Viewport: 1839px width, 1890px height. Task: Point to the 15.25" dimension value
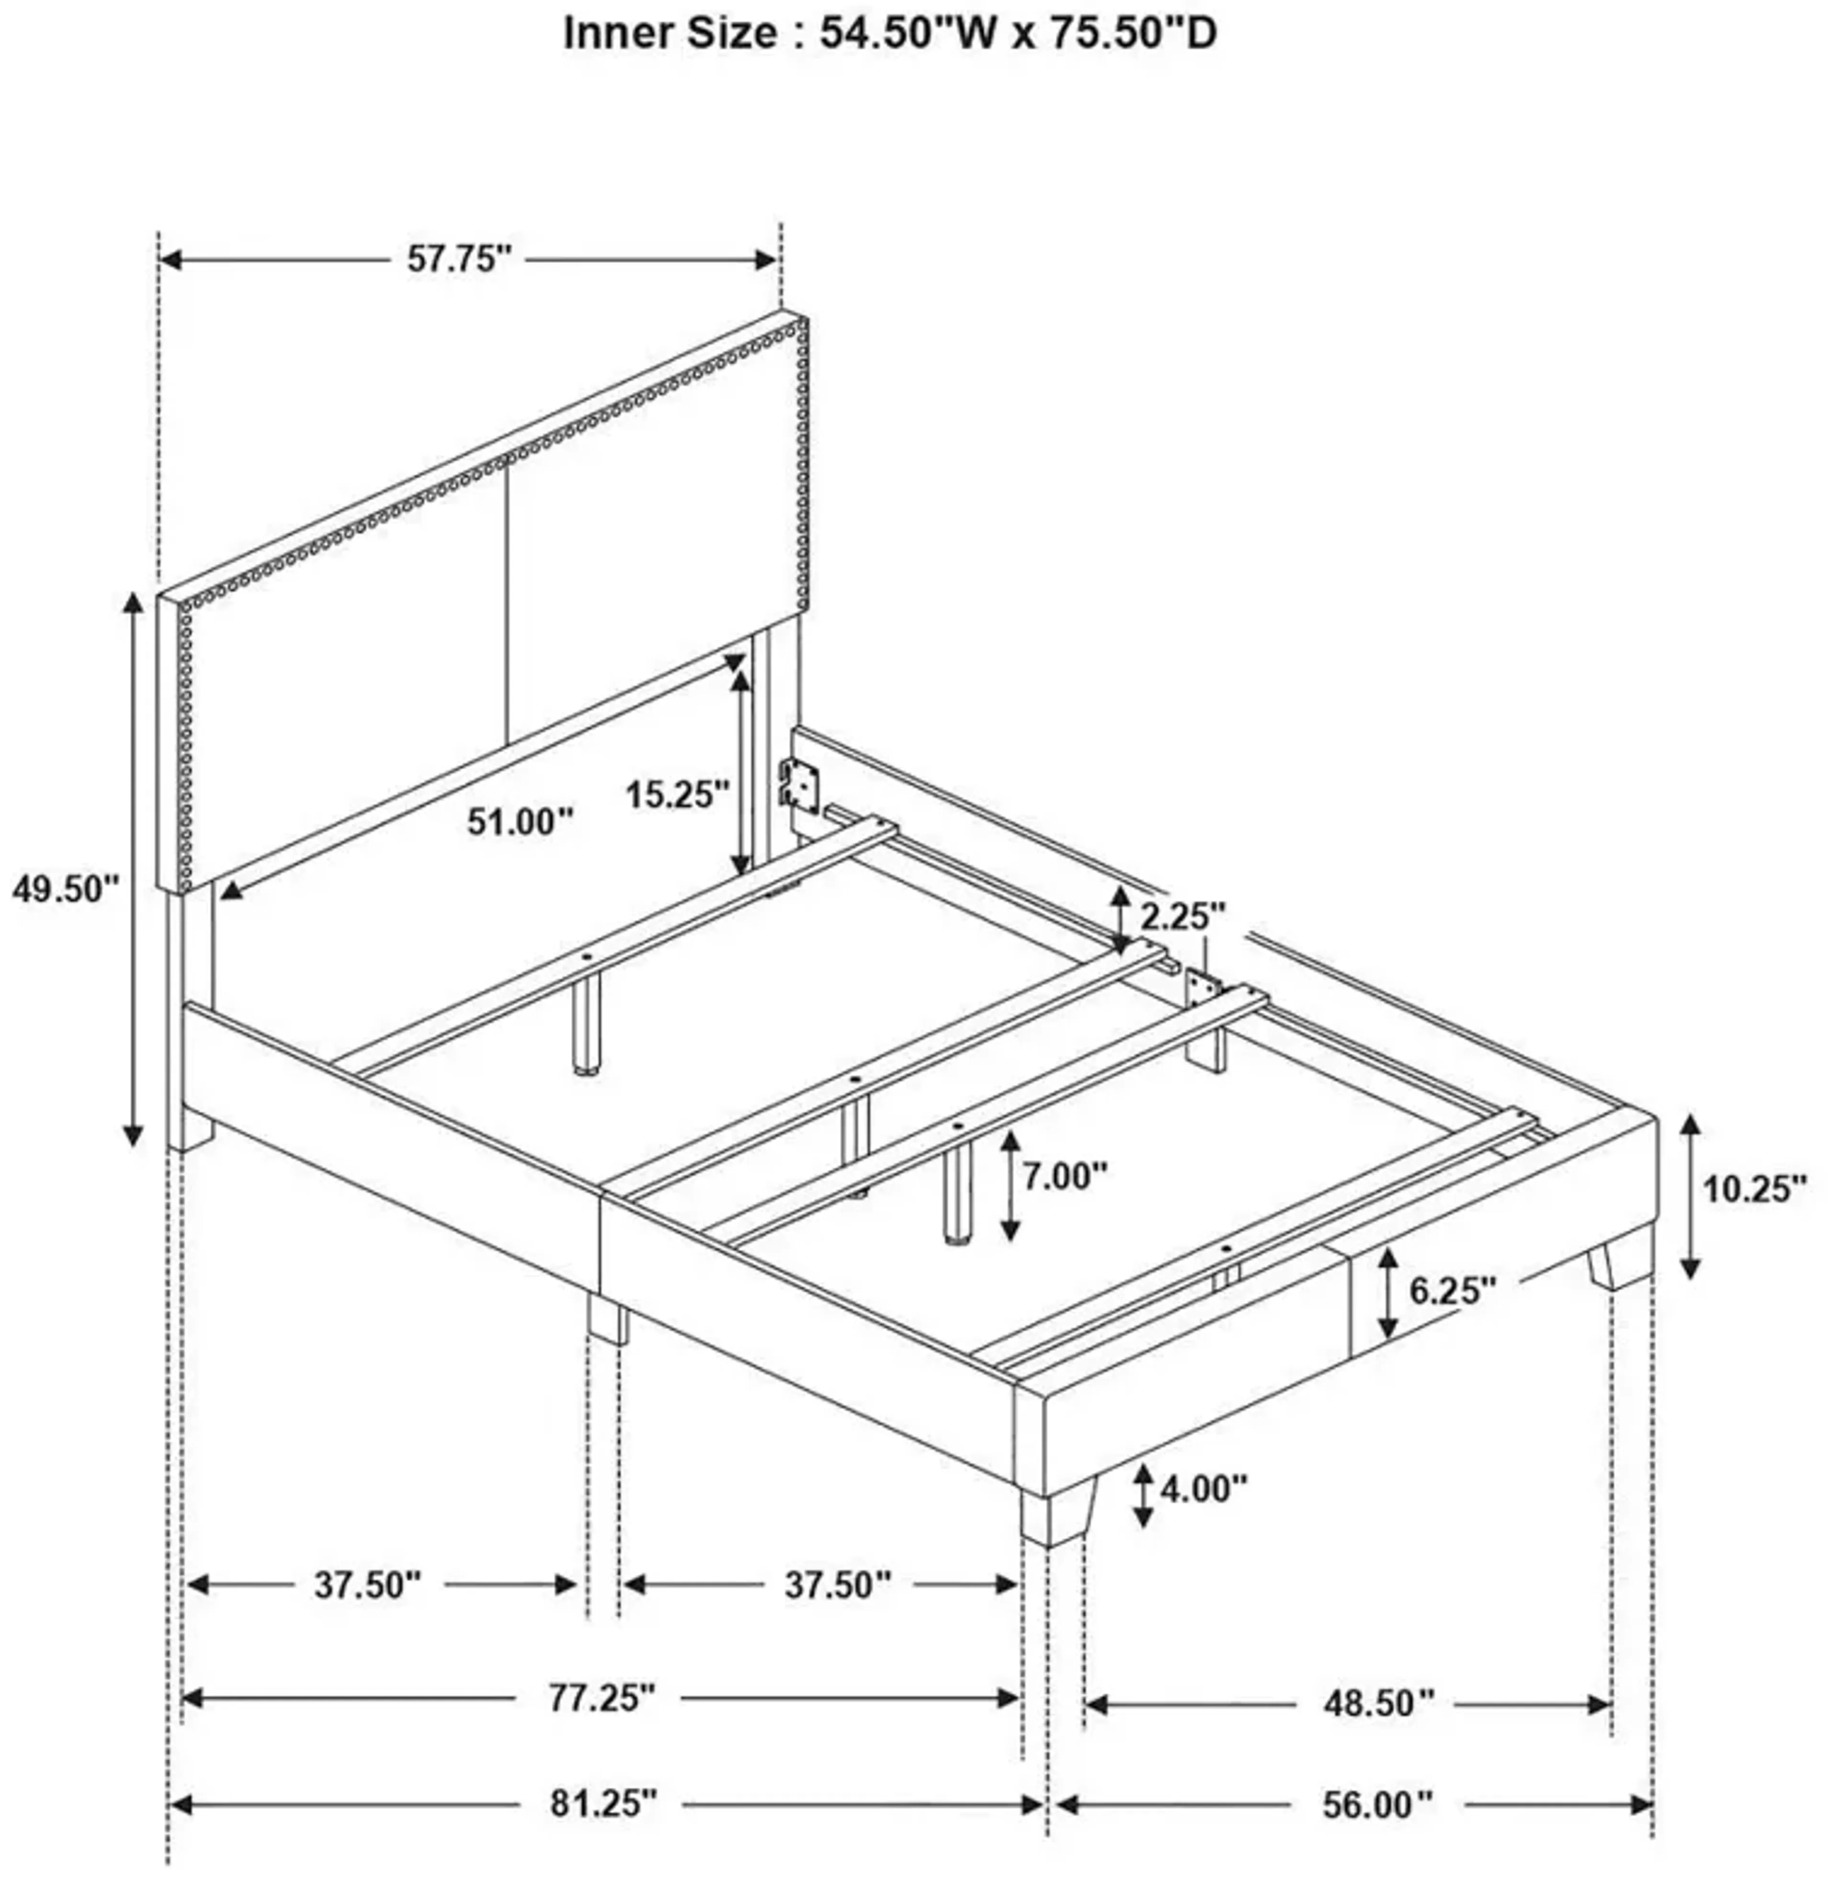[676, 795]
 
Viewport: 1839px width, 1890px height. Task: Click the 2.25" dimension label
[1183, 916]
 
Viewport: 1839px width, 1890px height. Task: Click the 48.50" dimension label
[1378, 1703]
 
